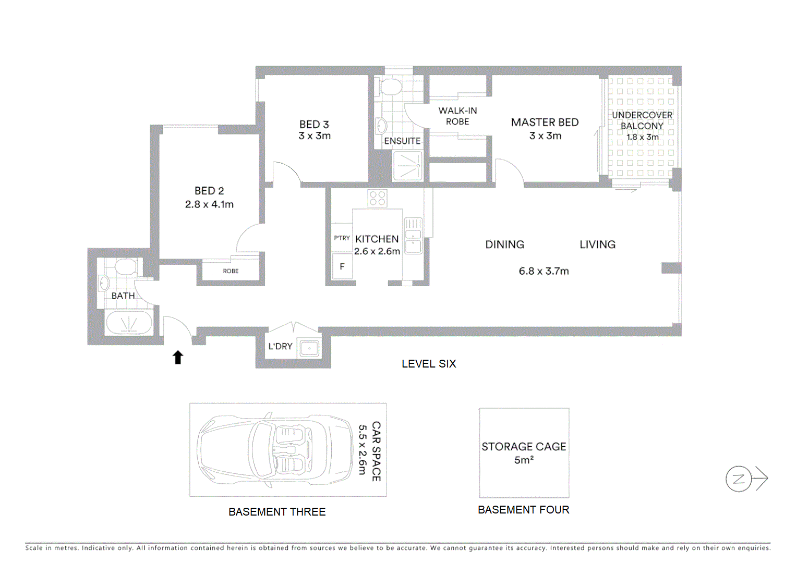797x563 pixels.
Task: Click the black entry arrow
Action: click(x=178, y=357)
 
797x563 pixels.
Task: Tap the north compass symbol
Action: click(x=739, y=479)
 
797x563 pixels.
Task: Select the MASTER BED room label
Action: click(x=545, y=123)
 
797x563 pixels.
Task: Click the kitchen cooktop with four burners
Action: click(x=377, y=198)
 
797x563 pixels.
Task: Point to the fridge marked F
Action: click(x=342, y=266)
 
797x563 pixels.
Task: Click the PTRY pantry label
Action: click(x=342, y=238)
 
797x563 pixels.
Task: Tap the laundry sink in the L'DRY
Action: click(x=309, y=348)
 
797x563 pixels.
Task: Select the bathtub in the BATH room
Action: click(x=129, y=323)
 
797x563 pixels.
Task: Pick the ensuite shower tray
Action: click(x=407, y=166)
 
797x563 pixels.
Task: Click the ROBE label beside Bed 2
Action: click(x=231, y=271)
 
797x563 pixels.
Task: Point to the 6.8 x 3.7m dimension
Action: click(x=544, y=271)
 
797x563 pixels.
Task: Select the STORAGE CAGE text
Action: click(x=524, y=447)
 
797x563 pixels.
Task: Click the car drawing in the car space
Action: click(x=274, y=450)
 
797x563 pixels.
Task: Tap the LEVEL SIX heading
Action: click(x=429, y=364)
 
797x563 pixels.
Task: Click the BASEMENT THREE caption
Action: click(x=277, y=512)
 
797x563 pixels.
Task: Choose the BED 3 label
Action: click(x=314, y=125)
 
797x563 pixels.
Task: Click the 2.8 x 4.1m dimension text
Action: click(x=209, y=204)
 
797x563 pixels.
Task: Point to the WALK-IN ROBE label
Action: click(x=457, y=116)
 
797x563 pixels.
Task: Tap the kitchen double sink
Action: click(x=413, y=236)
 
